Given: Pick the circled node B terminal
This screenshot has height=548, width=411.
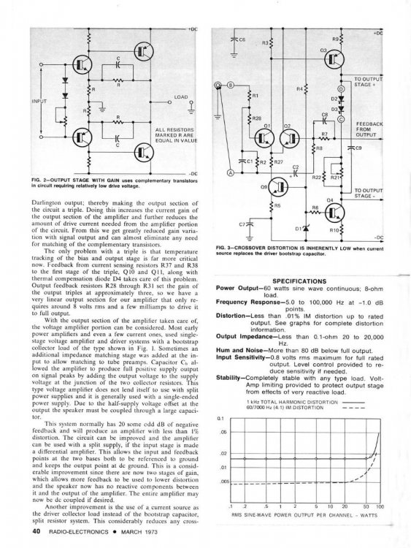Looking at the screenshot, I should (228, 85).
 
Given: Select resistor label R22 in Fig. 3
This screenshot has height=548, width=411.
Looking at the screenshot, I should (317, 178).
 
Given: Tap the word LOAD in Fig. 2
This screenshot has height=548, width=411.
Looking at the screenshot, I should (181, 96).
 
